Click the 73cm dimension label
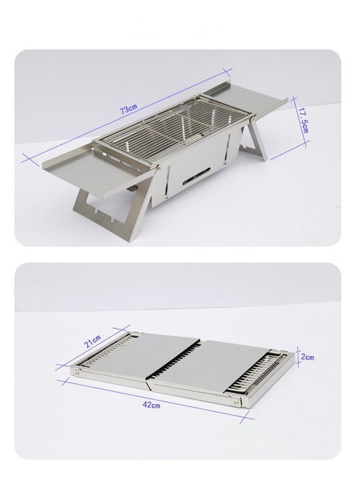(x=129, y=110)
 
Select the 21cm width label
(x=92, y=342)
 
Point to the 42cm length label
(x=151, y=405)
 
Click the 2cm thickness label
(x=308, y=356)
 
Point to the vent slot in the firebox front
(x=194, y=179)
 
